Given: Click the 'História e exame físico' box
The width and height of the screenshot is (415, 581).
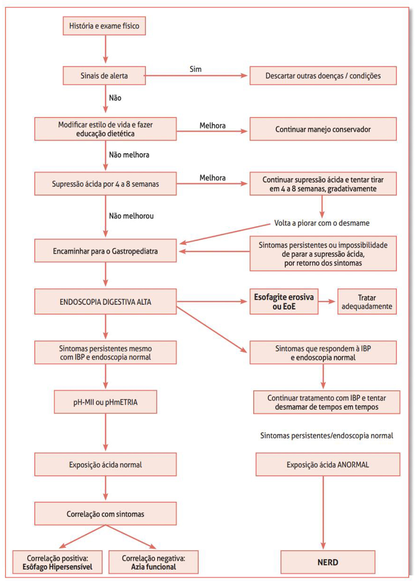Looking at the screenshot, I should click(104, 26).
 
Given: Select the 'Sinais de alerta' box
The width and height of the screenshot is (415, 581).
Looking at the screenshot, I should click(104, 75).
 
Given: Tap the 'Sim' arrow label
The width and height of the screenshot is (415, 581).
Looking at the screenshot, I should click(195, 69).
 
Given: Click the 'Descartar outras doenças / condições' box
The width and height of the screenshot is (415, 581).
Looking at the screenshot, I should click(323, 75).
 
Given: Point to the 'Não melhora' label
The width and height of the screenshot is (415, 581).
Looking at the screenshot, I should click(129, 155).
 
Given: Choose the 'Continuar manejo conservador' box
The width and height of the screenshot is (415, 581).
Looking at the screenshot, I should click(323, 129).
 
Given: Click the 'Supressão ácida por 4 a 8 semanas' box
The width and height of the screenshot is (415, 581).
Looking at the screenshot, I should click(105, 184).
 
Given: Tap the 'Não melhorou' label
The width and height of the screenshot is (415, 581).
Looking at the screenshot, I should click(131, 216).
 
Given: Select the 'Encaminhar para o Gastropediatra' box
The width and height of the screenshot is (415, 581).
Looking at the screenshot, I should click(105, 251).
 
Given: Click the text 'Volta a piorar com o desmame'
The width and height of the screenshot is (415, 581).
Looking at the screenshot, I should click(322, 223).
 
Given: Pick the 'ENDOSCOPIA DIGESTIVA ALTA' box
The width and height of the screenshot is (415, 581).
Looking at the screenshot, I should click(105, 301).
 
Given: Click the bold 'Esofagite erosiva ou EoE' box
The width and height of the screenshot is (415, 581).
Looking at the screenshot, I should click(284, 301).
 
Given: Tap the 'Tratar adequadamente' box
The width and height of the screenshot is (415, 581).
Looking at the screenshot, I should click(367, 301).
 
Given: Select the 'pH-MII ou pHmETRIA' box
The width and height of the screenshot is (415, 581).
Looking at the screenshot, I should click(105, 402).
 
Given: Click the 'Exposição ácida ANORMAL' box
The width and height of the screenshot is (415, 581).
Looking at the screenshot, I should click(328, 464).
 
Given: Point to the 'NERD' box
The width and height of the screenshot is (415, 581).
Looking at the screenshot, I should click(328, 562).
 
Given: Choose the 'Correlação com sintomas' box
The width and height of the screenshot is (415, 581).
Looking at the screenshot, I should click(105, 514).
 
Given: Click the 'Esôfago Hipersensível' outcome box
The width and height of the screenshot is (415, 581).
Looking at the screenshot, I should click(57, 562).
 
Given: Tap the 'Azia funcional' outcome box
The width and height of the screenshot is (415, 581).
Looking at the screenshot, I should click(154, 562).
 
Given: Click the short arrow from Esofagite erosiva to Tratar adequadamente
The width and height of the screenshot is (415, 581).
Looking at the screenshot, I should click(328, 301).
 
